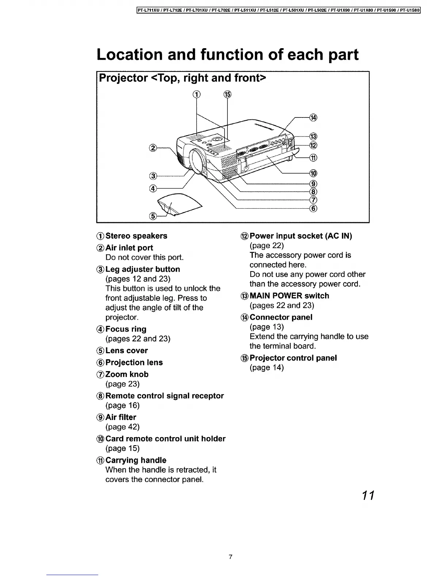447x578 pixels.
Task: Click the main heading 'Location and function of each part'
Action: (228, 54)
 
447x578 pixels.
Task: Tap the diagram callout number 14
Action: (313, 117)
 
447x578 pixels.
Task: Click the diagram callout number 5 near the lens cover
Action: (153, 216)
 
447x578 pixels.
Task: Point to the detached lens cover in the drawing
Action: (179, 204)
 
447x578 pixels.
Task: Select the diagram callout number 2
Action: (153, 148)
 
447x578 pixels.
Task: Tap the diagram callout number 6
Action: (313, 208)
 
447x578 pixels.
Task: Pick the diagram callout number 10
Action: (313, 173)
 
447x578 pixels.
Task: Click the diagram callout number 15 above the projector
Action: (227, 95)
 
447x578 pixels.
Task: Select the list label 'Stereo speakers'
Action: (136, 236)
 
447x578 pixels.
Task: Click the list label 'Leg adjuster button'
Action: (142, 269)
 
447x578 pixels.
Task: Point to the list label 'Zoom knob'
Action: (127, 374)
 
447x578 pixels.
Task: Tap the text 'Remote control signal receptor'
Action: (164, 396)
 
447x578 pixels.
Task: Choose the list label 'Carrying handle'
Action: (135, 461)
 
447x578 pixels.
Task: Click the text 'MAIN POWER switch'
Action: (289, 296)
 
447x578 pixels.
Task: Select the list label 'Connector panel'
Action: (281, 317)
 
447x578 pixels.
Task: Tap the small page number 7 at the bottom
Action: (230, 557)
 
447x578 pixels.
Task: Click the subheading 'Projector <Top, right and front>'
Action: (183, 78)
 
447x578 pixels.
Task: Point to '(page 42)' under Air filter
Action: (122, 427)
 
